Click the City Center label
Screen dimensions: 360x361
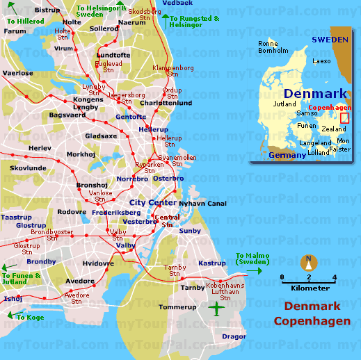[152, 202]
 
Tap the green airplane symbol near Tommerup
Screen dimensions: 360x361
[217, 307]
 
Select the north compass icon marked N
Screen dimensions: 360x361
[308, 263]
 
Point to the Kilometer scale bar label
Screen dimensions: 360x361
[311, 287]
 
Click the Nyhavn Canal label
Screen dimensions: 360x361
[203, 203]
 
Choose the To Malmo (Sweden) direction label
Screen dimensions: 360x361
[252, 259]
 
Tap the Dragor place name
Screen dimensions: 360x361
[234, 336]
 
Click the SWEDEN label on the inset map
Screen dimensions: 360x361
[329, 40]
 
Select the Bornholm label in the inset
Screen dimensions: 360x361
[273, 51]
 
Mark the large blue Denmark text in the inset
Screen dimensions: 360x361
[314, 94]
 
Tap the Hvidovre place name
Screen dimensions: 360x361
[97, 263]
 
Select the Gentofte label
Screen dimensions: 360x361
[131, 117]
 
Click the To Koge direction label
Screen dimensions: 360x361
[30, 317]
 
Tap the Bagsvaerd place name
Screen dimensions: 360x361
[67, 115]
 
